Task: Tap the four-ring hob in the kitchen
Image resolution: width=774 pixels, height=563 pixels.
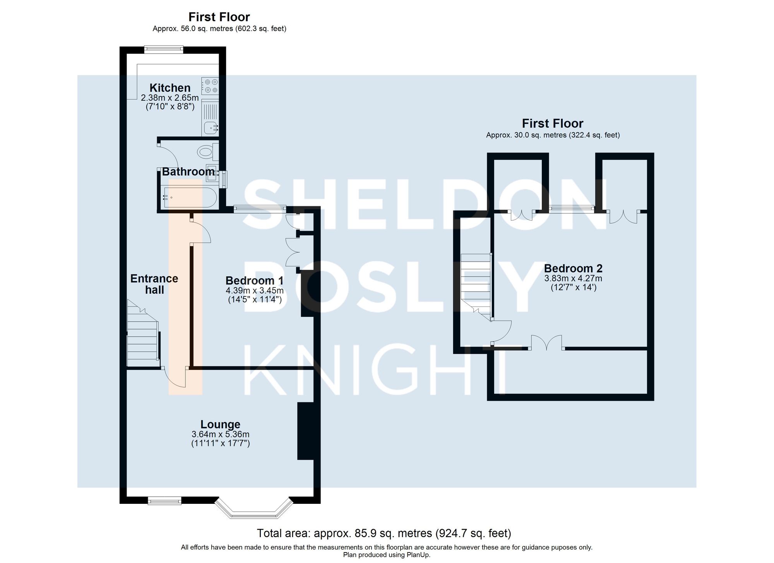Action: coord(210,86)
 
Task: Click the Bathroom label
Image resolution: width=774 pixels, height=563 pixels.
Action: coord(188,171)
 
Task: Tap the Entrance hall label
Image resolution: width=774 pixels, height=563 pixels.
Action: coord(154,284)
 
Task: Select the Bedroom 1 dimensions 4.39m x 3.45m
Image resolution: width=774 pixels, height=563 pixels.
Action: coord(255,291)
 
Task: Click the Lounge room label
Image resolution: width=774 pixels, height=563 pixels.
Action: coord(220,424)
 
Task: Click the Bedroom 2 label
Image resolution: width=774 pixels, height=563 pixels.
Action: coord(573,268)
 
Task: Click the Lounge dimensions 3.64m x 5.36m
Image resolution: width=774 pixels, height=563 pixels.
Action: coord(220,435)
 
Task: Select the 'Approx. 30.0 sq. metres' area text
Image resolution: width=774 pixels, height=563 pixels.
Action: coord(553,135)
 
